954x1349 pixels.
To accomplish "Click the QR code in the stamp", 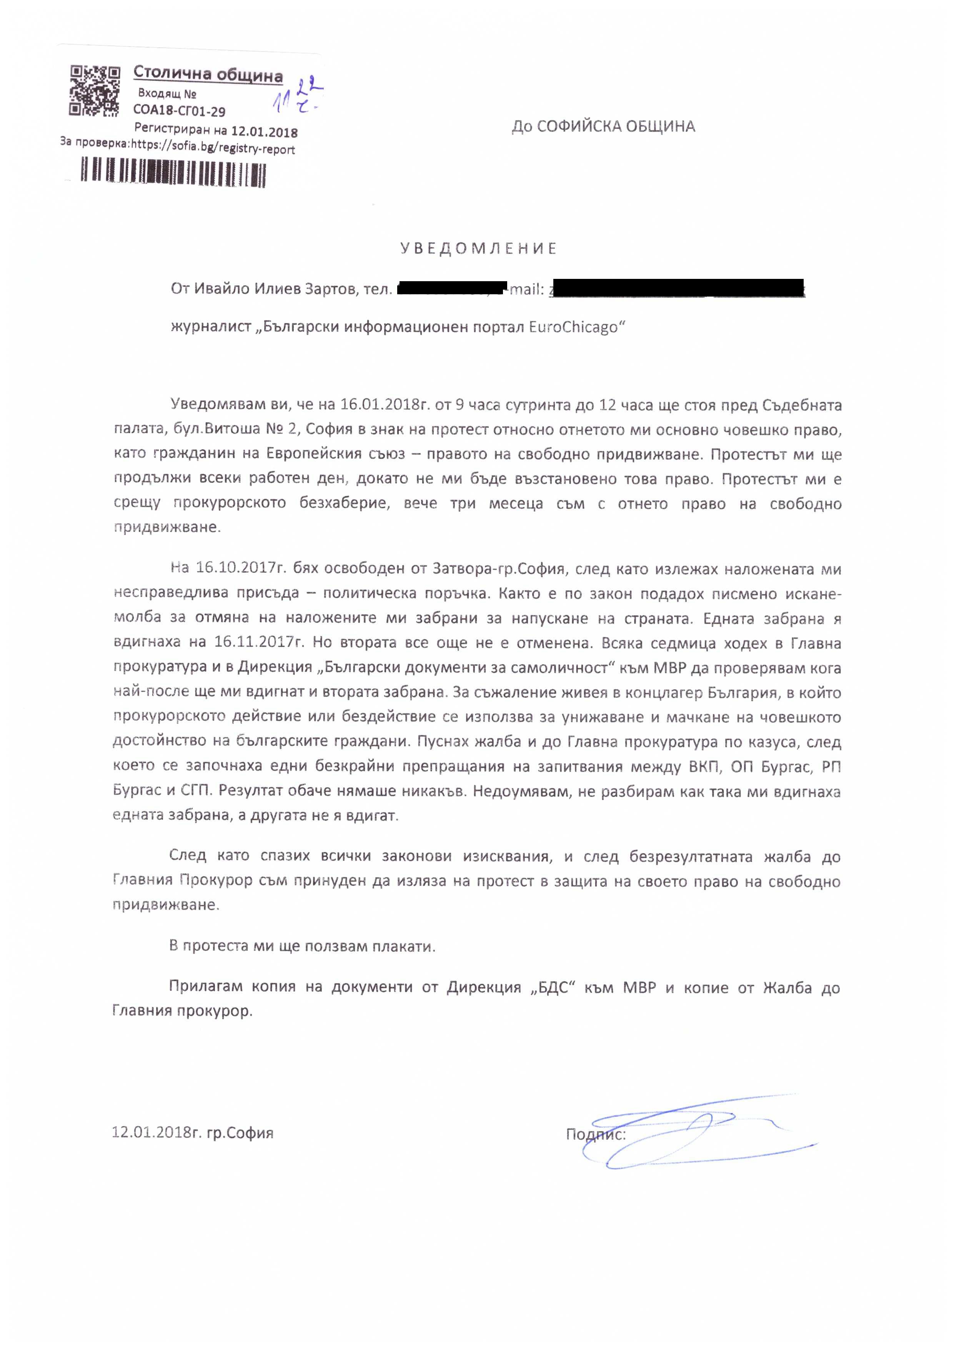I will (95, 90).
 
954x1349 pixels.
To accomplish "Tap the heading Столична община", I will (208, 74).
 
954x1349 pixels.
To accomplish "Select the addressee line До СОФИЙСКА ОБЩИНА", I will (603, 126).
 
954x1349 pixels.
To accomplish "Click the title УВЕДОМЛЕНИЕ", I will (478, 248).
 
